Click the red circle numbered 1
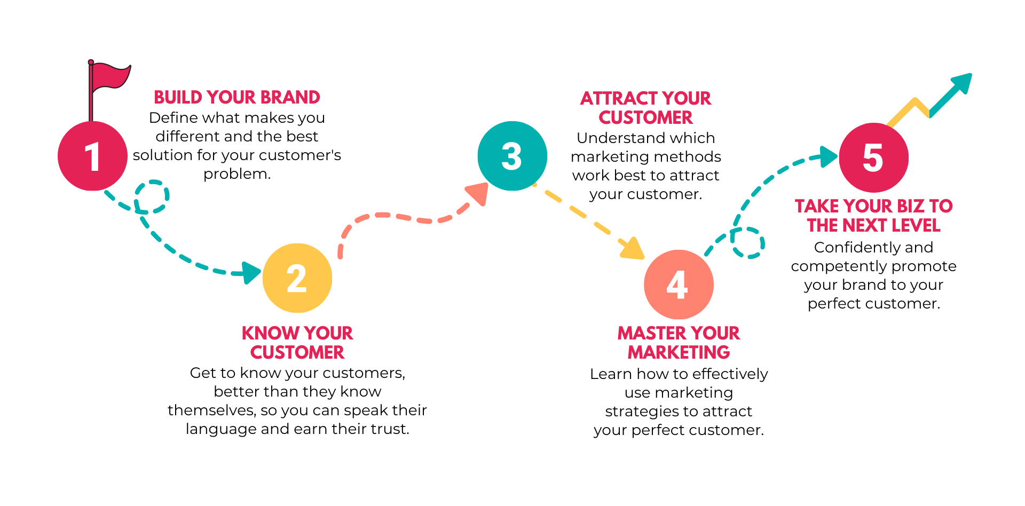92,156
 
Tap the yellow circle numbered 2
297,278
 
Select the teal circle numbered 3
512,156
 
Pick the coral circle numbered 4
679,284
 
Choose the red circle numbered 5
873,157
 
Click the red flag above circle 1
109,76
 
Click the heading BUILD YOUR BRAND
236,97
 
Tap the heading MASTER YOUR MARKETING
679,343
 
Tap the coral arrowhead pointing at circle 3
478,194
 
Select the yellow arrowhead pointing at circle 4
634,248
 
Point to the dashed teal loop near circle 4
747,243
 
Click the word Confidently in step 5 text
845,248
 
